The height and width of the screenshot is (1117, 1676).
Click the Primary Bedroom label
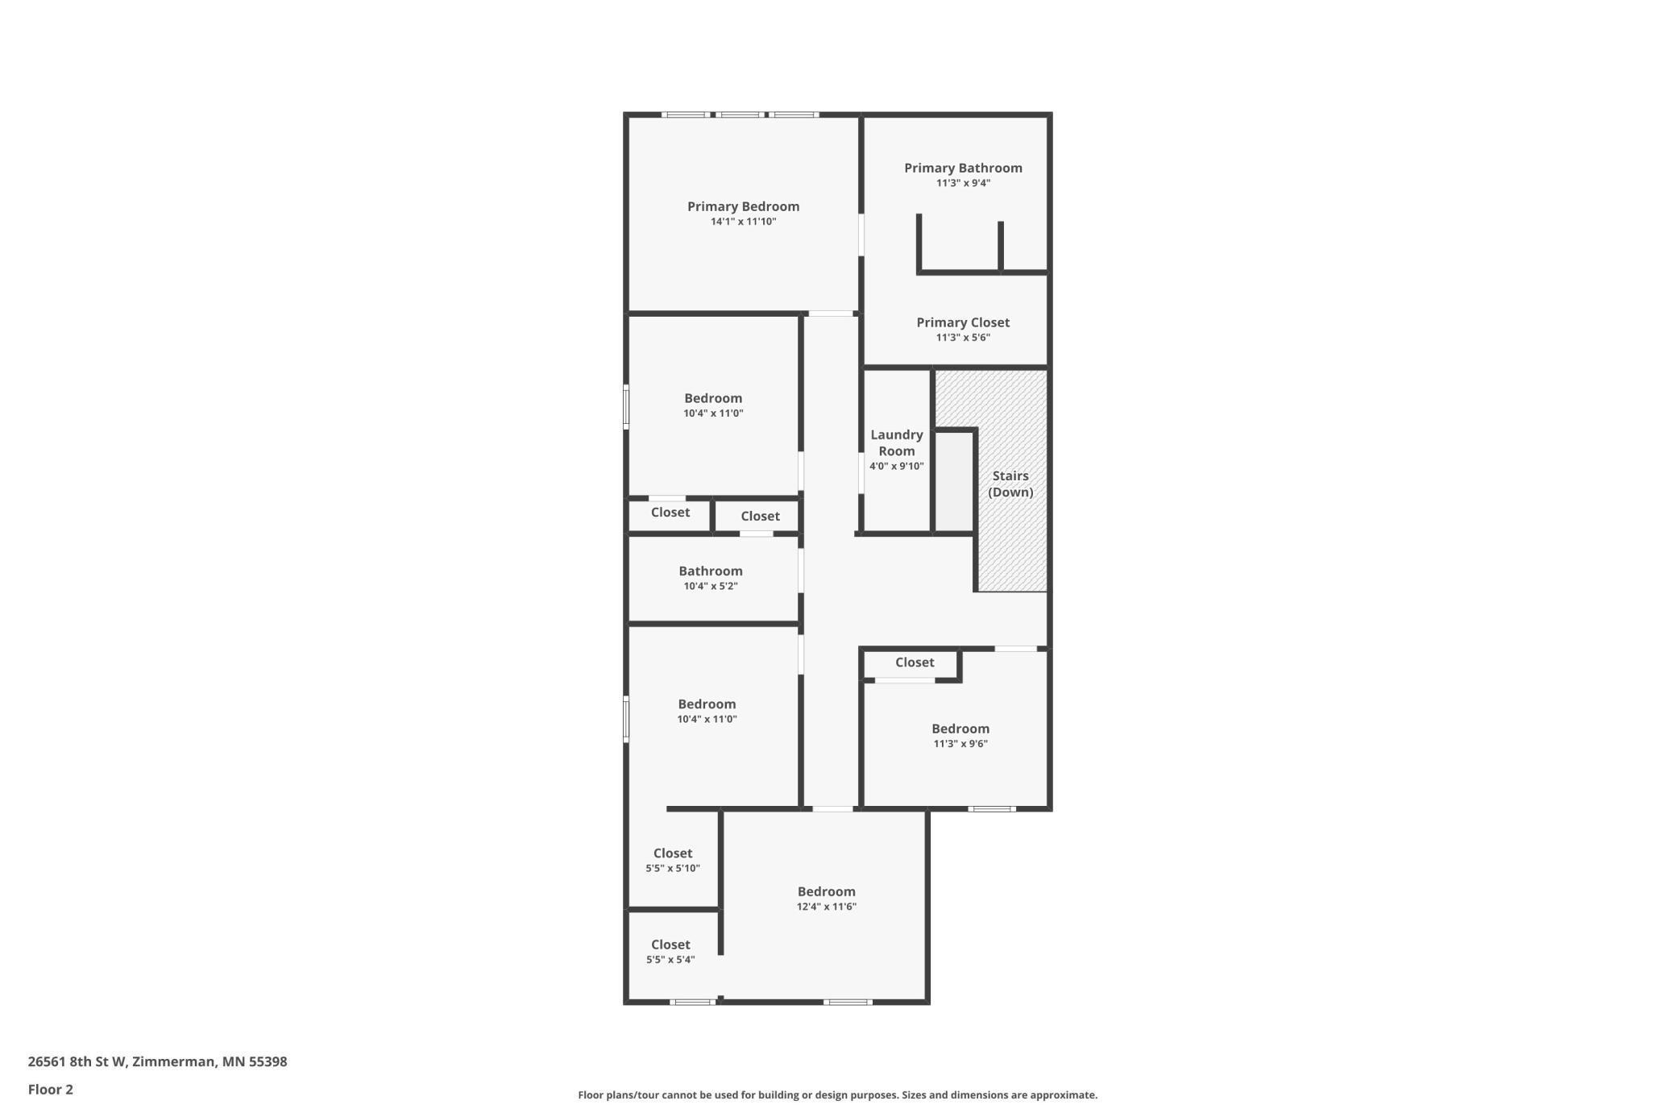click(743, 206)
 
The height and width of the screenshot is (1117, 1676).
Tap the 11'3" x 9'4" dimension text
click(963, 183)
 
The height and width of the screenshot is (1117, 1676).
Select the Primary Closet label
click(963, 322)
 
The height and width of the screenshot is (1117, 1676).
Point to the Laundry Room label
click(896, 442)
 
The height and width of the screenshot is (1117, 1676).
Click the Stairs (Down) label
click(1010, 484)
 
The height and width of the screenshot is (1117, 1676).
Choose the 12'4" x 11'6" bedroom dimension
click(826, 907)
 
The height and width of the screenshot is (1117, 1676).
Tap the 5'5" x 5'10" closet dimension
click(672, 868)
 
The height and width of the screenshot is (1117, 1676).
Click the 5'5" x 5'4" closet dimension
click(670, 960)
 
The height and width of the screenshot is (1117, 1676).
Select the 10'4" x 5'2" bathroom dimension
click(710, 586)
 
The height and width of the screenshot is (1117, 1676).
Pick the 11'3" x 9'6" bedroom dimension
click(960, 744)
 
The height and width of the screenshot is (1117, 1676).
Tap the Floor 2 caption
click(50, 1090)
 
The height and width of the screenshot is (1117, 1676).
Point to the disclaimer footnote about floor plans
click(837, 1095)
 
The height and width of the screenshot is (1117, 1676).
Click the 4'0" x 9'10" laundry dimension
click(896, 466)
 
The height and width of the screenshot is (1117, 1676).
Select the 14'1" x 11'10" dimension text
click(743, 222)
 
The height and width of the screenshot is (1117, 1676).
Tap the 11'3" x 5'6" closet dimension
click(963, 338)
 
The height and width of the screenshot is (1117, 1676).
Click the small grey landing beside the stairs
click(955, 482)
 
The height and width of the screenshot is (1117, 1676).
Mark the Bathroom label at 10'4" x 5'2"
click(710, 571)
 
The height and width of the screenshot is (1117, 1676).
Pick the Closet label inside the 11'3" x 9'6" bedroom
click(915, 662)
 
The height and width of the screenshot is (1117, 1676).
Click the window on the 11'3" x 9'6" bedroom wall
click(992, 808)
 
